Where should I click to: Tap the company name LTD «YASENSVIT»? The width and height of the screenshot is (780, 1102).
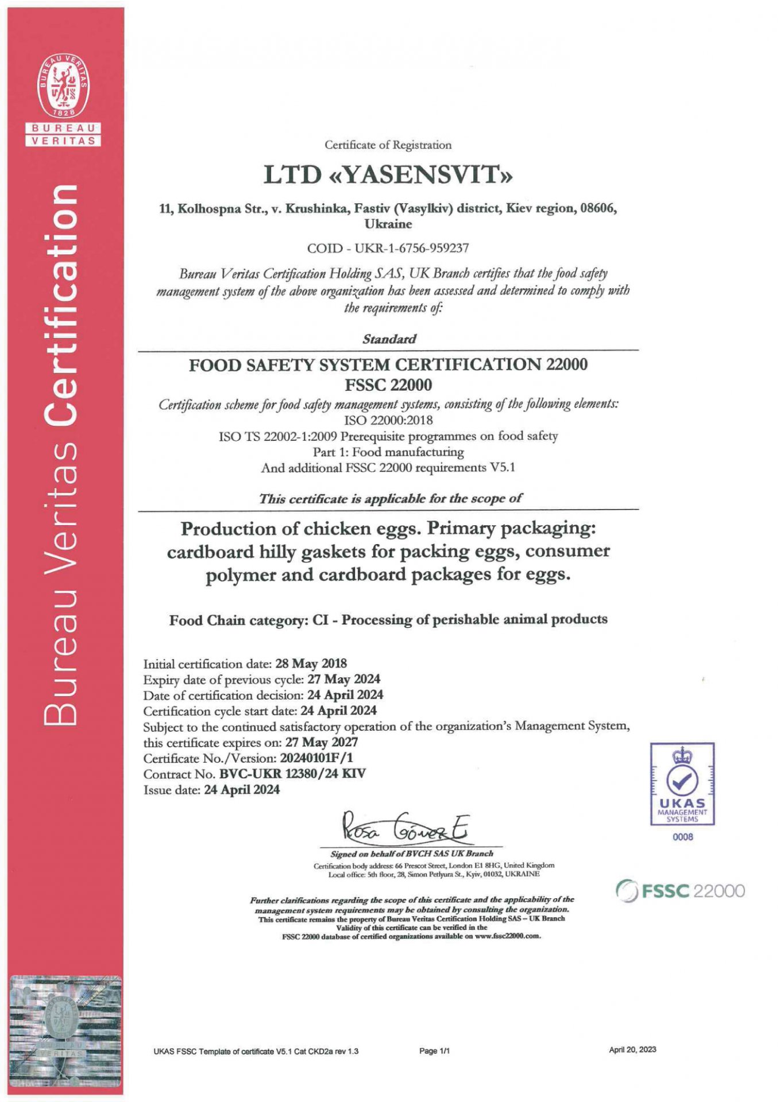coord(388,174)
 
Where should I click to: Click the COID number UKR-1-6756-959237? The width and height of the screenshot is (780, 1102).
coord(411,249)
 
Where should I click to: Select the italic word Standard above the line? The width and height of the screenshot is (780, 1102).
coord(389,339)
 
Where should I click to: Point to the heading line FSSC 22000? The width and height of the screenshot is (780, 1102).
coord(388,385)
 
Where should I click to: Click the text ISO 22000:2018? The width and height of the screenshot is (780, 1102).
coord(388,420)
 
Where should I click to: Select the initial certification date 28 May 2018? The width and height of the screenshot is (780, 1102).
coord(311,663)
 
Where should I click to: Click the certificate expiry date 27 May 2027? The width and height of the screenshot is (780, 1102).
coord(321,742)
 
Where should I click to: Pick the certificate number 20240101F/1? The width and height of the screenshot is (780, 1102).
coord(316,758)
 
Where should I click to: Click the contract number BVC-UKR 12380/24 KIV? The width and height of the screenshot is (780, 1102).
coord(292,774)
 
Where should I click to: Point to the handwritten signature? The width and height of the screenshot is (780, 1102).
coord(406,828)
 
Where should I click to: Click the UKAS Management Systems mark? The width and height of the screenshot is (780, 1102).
coord(682,784)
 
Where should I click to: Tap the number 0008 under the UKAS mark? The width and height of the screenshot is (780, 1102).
coord(682,837)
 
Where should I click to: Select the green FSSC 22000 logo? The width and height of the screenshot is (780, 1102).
coord(680,891)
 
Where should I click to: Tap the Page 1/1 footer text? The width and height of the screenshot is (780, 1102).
coord(434,1051)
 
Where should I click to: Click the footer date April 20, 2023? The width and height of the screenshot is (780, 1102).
coord(632,1050)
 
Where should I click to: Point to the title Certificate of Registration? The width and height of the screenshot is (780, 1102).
coord(388,145)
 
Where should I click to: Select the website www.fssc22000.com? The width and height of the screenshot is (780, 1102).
coord(508,936)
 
